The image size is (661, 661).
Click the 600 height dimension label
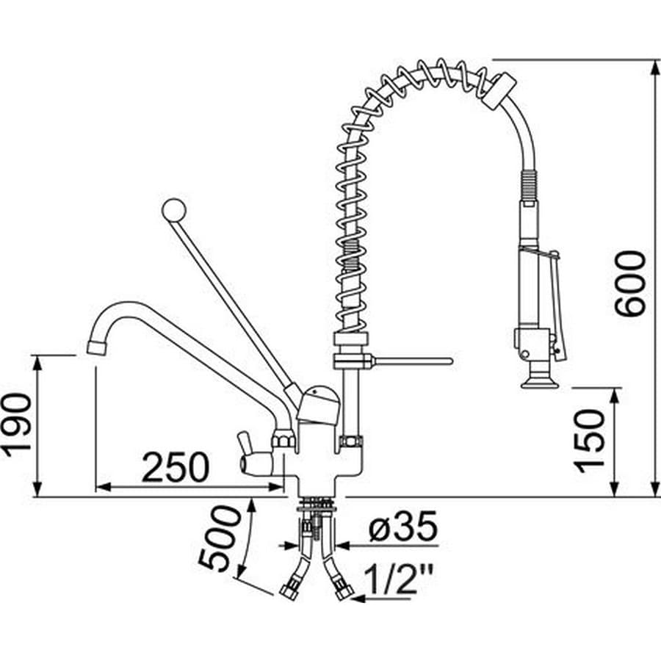pyautogui.click(x=630, y=283)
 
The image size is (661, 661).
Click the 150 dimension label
pyautogui.click(x=589, y=441)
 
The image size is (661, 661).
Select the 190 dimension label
pyautogui.click(x=18, y=425)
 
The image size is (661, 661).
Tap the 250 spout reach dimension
pyautogui.click(x=176, y=466)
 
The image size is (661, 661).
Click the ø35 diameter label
pyautogui.click(x=403, y=526)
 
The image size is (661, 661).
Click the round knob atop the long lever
pyautogui.click(x=173, y=210)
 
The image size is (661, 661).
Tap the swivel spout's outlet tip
pyautogui.click(x=98, y=347)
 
